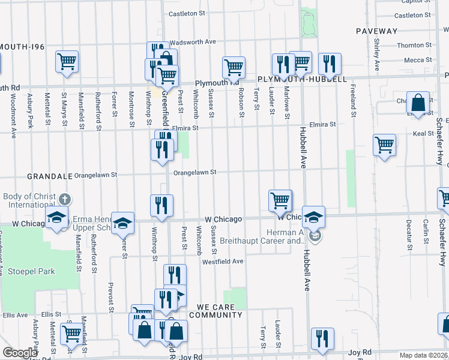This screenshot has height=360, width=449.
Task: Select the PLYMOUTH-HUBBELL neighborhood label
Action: (302, 79)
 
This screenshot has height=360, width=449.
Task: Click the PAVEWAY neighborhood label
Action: (376, 31)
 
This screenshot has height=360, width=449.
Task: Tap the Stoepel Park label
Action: (31, 271)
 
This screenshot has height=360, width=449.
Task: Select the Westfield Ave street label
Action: (223, 262)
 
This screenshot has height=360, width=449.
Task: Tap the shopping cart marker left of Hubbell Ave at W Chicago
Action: (280, 200)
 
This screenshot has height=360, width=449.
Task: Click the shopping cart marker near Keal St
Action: (384, 145)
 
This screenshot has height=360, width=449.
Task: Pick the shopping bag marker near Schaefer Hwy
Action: (418, 102)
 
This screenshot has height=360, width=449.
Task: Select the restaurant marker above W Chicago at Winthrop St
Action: (161, 205)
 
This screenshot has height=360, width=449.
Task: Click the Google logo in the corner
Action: (19, 353)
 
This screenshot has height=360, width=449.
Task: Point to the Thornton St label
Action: (411, 46)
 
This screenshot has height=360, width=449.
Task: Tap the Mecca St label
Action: (414, 60)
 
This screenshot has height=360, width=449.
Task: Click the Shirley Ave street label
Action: (377, 55)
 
